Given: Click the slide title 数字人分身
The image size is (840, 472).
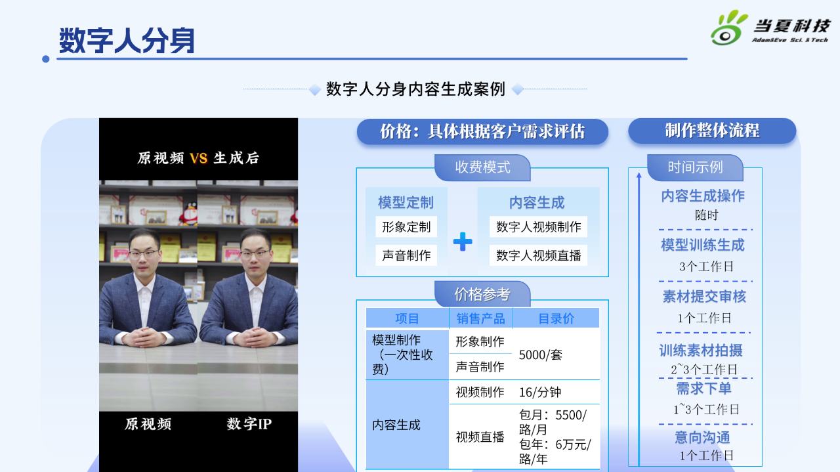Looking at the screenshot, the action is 127,40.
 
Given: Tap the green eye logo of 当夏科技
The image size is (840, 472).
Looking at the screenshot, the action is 728,28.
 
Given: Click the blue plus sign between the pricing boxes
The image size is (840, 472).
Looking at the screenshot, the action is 463,242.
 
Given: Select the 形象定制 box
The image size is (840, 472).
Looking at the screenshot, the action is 406,226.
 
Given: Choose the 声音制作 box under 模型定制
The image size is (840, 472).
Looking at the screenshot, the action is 406,255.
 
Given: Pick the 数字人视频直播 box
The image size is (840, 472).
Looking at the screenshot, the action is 539,255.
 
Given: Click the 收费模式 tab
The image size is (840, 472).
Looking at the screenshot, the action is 482,167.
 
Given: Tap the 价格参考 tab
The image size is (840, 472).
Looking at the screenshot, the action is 482,294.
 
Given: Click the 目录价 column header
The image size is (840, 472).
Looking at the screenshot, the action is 556,318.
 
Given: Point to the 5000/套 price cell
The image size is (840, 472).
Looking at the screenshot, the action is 540,354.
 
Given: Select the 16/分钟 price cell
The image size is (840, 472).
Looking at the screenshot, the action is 540,392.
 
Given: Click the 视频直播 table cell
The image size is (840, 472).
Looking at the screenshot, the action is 480,437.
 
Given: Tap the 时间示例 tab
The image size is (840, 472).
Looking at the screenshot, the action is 695,167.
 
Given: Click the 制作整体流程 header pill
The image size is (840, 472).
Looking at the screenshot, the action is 712,131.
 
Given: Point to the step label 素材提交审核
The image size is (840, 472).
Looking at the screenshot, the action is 704,297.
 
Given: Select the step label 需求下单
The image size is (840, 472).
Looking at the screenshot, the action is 704,389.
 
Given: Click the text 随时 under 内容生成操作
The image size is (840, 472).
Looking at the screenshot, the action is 707,215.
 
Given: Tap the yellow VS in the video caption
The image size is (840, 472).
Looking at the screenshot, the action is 198,158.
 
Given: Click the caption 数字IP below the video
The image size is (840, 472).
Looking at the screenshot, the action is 249,424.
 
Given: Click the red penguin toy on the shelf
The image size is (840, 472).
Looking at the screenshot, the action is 190,213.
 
